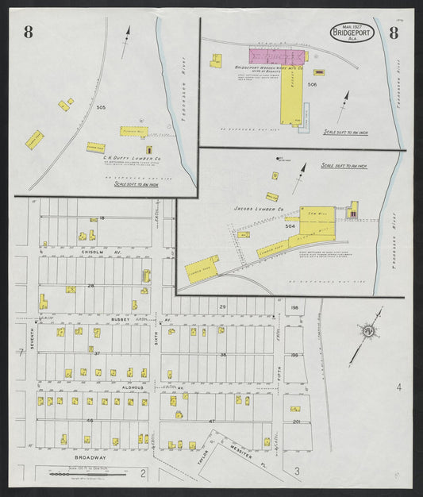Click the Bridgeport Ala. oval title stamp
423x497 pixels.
(x=352, y=33)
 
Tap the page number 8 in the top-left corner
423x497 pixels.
(x=29, y=32)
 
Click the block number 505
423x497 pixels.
(x=101, y=106)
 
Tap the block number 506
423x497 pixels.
(x=312, y=84)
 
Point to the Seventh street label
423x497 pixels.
(x=33, y=337)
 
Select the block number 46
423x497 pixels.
(x=90, y=419)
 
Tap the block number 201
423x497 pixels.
(x=294, y=422)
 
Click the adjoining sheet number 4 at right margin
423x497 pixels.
(x=399, y=387)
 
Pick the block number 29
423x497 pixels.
(x=223, y=306)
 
